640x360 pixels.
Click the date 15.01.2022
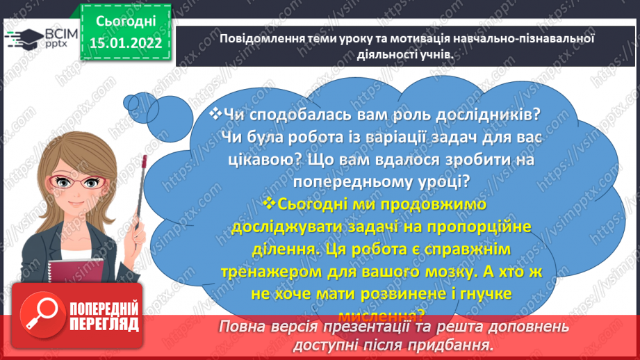tap(125, 43)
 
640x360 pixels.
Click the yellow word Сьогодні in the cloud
tap(322, 204)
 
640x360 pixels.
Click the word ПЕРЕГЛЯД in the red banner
tap(104, 325)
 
